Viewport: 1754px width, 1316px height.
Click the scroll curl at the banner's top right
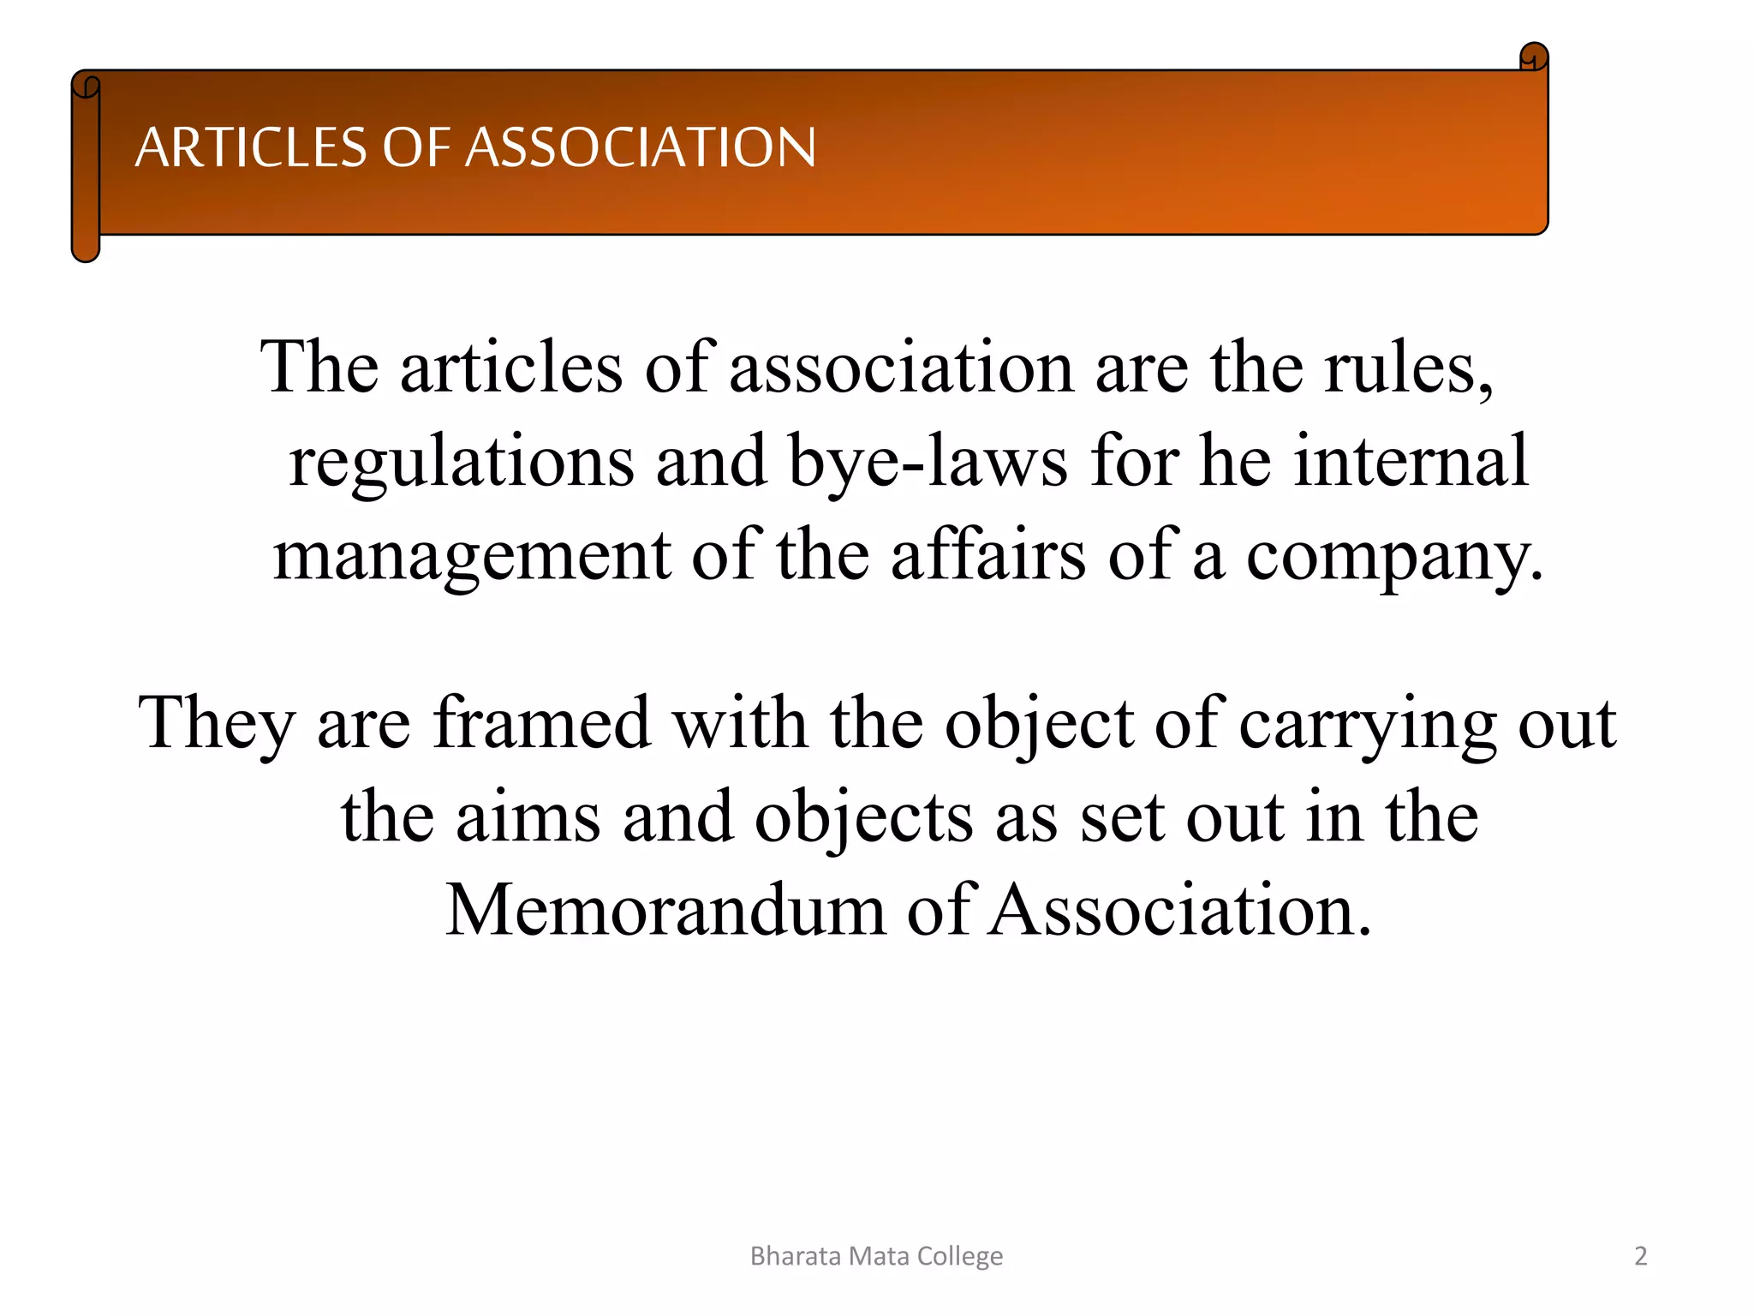click(1533, 57)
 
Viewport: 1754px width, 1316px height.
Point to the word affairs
click(988, 555)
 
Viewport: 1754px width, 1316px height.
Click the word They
click(217, 724)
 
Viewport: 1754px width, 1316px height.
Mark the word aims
click(528, 817)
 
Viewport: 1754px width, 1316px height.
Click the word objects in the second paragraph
click(863, 819)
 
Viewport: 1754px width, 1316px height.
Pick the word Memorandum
click(665, 910)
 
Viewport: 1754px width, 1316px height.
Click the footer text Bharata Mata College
click(876, 1256)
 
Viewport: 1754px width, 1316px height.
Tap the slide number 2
click(1640, 1256)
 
